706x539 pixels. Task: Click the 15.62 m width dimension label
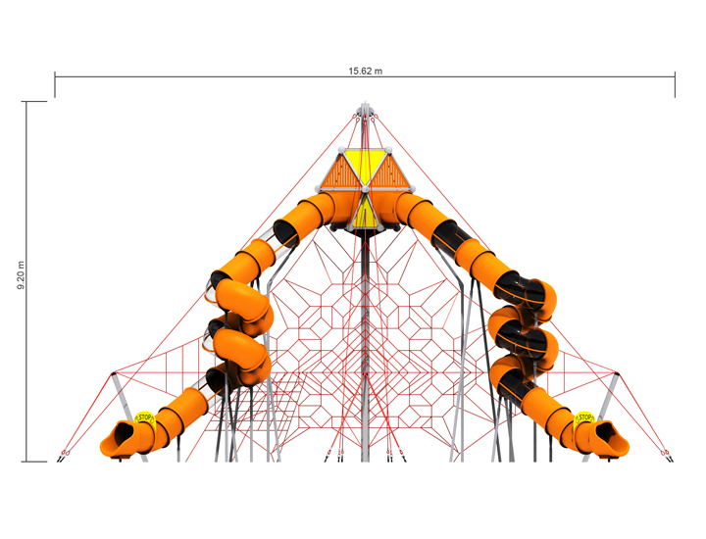pyautogui.click(x=365, y=72)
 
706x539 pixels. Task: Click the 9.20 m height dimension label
pyautogui.click(x=22, y=275)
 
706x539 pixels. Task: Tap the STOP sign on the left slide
pyautogui.click(x=144, y=417)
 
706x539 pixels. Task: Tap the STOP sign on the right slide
pyautogui.click(x=584, y=418)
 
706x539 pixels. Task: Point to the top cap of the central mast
pyautogui.click(x=365, y=108)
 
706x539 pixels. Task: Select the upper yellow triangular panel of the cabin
pyautogui.click(x=365, y=166)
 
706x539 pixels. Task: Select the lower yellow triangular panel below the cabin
pyautogui.click(x=365, y=213)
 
